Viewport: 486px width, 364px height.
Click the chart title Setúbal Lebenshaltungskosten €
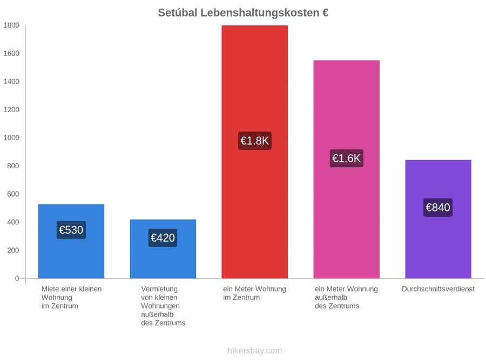point(243,13)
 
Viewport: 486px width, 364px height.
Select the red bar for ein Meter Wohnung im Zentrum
point(255,152)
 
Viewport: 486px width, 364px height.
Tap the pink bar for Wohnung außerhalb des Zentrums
point(347,169)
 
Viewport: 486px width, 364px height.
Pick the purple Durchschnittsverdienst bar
point(438,219)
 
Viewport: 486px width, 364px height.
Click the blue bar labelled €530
point(71,241)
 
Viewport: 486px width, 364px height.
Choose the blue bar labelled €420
point(163,249)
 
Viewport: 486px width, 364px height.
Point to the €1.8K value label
point(255,141)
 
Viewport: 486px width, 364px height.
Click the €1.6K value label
point(347,159)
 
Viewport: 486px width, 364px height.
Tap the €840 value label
point(438,208)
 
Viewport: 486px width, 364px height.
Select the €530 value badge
point(71,230)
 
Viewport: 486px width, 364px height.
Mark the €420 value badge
point(163,238)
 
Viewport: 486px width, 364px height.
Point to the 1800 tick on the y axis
point(11,25)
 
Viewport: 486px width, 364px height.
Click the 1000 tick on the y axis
point(11,138)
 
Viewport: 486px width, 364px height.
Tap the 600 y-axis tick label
point(13,194)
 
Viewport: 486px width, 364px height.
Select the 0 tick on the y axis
point(17,278)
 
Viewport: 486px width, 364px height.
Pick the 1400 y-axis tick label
point(11,81)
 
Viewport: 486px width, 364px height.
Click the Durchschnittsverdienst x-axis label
point(438,289)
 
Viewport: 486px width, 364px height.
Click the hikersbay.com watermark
point(255,351)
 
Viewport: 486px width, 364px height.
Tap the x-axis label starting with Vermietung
point(163,306)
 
